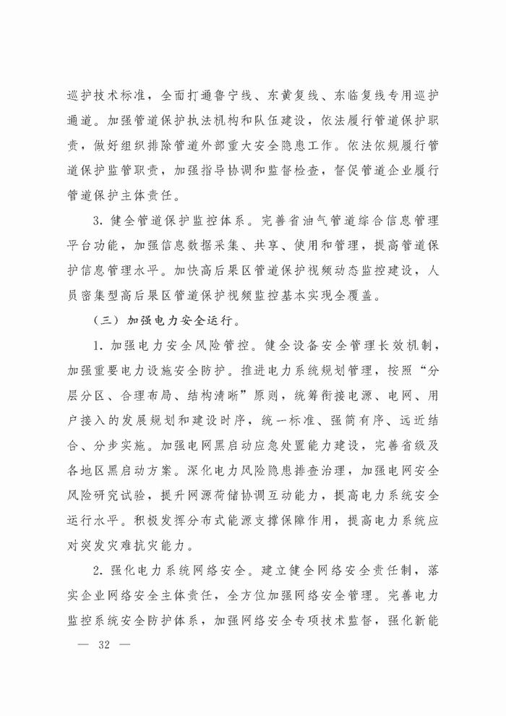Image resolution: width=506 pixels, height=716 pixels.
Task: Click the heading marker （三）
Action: (105, 319)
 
